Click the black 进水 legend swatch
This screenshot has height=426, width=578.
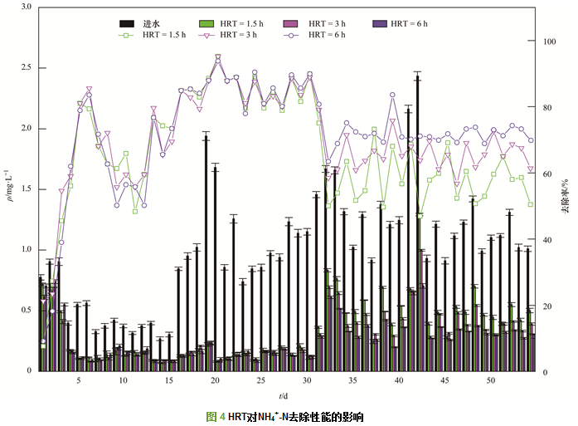coord(127,22)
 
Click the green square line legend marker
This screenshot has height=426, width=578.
coord(127,35)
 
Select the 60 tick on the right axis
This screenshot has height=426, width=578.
coord(547,174)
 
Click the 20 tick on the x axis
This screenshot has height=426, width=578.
coord(215,380)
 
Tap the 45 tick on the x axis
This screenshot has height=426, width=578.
coord(444,380)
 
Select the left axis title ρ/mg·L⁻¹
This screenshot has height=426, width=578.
coord(10,189)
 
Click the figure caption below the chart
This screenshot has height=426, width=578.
coord(284,416)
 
